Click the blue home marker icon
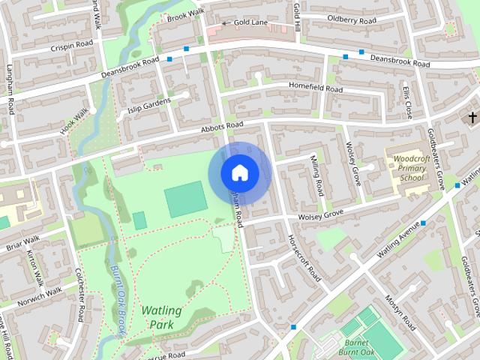tap(239, 172)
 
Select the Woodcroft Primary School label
tap(410, 169)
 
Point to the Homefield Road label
tap(316, 88)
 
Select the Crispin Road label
tap(73, 45)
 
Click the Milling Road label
tap(317, 175)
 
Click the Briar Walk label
tap(22, 243)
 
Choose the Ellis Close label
tap(407, 101)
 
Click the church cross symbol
tap(472, 118)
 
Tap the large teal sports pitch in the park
tap(185, 199)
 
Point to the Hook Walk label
tap(74, 120)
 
